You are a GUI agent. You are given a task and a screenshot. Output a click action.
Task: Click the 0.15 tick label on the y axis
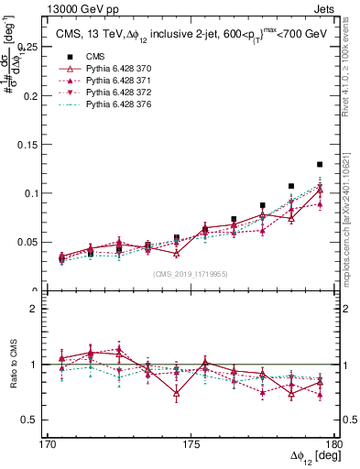tap(33, 144)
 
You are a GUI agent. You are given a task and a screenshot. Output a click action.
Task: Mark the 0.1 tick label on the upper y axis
tap(36, 193)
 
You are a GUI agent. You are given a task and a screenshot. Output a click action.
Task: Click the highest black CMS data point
tap(320, 165)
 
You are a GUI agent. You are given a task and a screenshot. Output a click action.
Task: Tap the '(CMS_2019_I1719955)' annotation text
tap(191, 273)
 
